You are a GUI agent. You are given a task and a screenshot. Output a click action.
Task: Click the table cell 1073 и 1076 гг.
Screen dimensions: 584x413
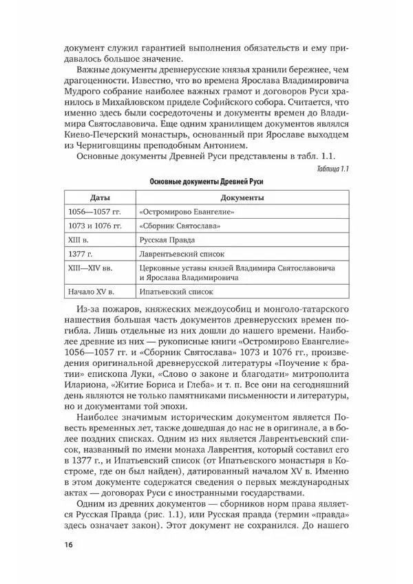point(95,226)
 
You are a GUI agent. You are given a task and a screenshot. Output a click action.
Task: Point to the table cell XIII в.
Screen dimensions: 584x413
point(80,240)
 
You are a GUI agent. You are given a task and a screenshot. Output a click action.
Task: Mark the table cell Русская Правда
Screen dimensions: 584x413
point(167,240)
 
